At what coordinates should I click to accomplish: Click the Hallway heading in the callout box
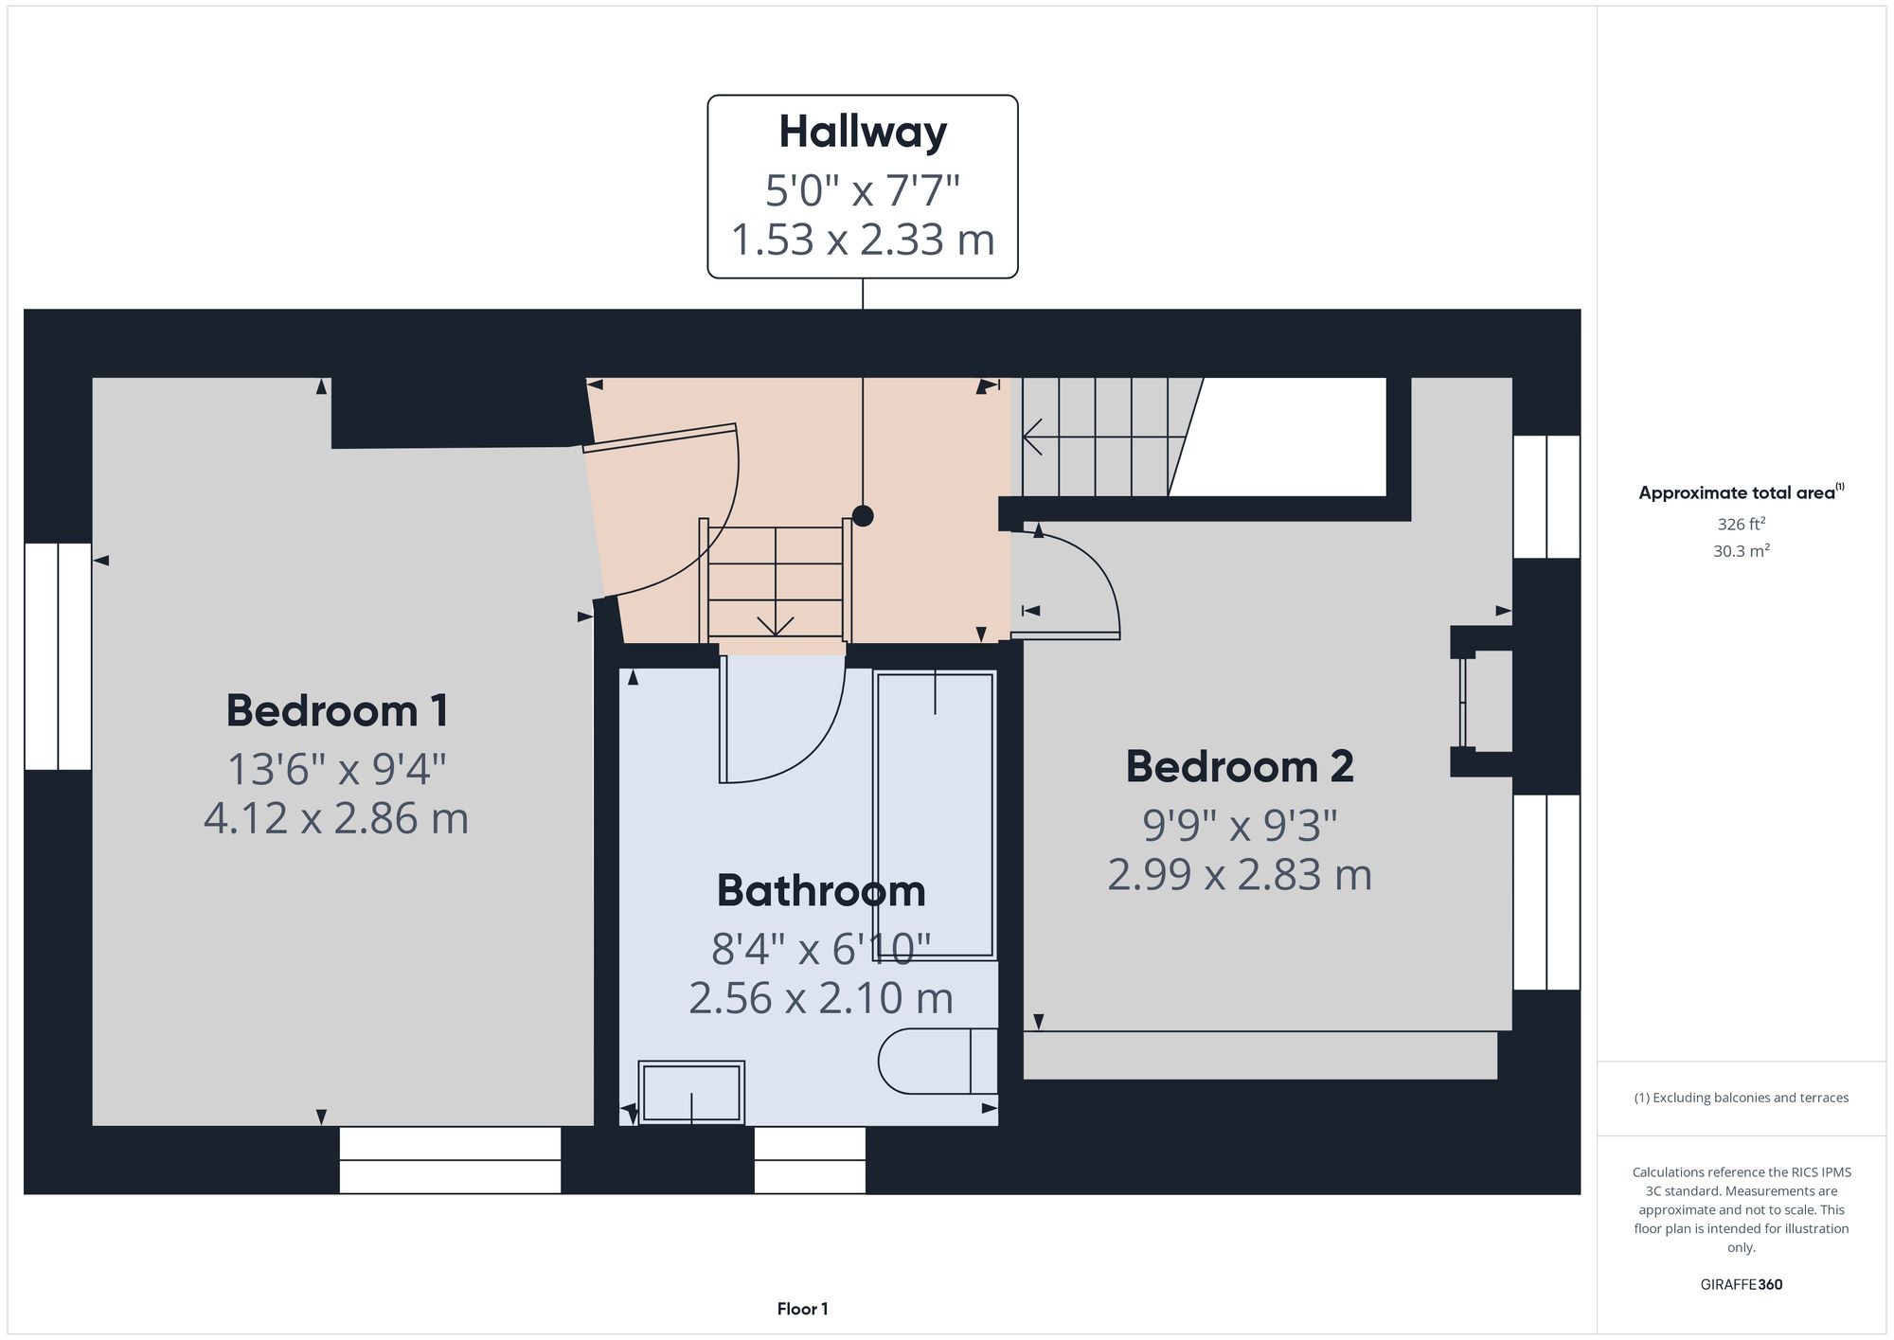(x=862, y=133)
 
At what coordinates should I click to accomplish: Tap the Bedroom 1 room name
(x=336, y=711)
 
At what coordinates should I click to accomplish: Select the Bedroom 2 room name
(x=1239, y=767)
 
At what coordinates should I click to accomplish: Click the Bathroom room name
(x=820, y=891)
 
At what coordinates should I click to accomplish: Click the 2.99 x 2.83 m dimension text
(x=1239, y=875)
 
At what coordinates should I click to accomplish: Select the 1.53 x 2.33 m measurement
(x=862, y=240)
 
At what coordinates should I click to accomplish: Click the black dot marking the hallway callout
(x=863, y=516)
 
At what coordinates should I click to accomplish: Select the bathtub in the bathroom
(x=935, y=814)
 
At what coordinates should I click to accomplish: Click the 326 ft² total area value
(x=1741, y=524)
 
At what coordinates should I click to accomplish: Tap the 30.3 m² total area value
(x=1741, y=551)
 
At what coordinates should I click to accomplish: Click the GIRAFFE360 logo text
(x=1741, y=1285)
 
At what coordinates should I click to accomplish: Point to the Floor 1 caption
(x=802, y=1310)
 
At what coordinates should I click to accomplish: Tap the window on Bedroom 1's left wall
(x=58, y=655)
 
